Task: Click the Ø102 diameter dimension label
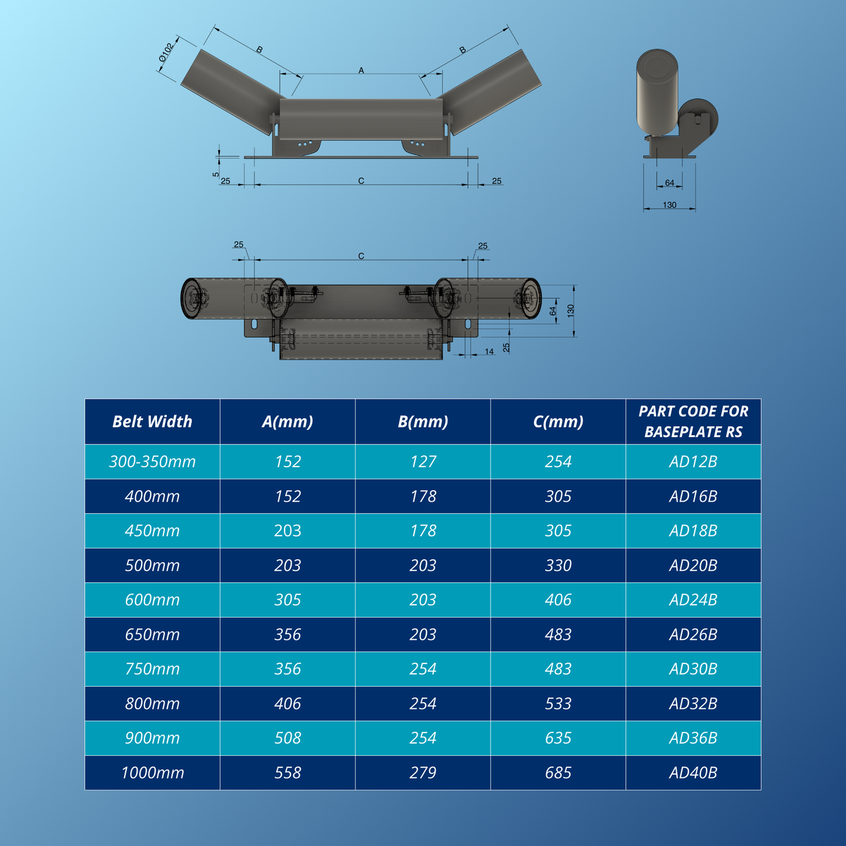pos(166,53)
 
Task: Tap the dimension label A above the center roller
pos(361,70)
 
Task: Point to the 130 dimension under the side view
pos(669,205)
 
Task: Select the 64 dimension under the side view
pos(669,183)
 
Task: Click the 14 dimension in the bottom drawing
pos(489,351)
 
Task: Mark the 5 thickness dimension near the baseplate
pos(216,174)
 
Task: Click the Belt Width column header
pos(152,422)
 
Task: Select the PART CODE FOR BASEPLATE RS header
pos(693,422)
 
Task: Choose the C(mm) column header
pos(558,422)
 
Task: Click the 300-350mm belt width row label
pos(152,462)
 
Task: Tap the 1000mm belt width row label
pos(152,773)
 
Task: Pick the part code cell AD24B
pos(693,600)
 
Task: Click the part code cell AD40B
pos(693,773)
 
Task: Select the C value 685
pos(558,773)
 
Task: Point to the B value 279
pos(423,773)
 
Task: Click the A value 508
pos(287,738)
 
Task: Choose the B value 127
pos(423,462)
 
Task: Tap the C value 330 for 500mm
pos(558,566)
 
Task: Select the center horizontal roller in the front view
pos(361,119)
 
